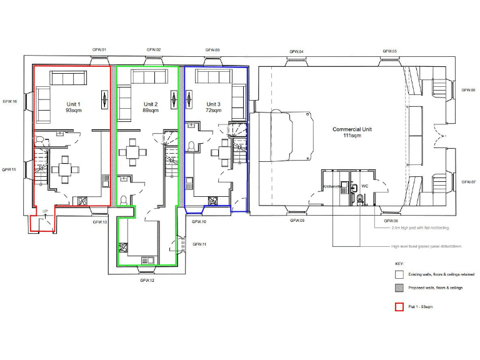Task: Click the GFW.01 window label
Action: [x=100, y=50]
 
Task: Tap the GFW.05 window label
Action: [x=390, y=51]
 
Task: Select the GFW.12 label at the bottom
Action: [x=147, y=280]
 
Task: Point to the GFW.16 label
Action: [x=10, y=101]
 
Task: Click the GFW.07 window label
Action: [x=469, y=182]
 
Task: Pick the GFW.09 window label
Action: [x=297, y=221]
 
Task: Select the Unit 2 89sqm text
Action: [x=151, y=107]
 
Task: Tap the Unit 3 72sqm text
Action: [x=213, y=107]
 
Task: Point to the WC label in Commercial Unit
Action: [x=364, y=186]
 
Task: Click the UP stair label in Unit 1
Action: [x=45, y=212]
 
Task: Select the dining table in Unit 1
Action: [x=65, y=169]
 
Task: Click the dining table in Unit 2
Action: [x=132, y=153]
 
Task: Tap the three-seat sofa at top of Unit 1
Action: [x=69, y=78]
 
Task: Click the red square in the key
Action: [x=398, y=307]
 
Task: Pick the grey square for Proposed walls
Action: [x=398, y=287]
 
